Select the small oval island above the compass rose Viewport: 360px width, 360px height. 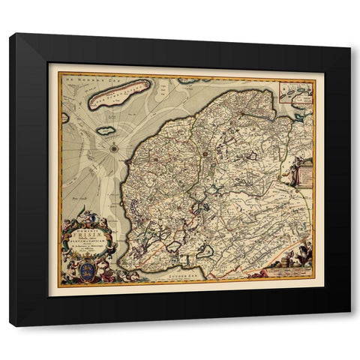pos(105,130)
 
